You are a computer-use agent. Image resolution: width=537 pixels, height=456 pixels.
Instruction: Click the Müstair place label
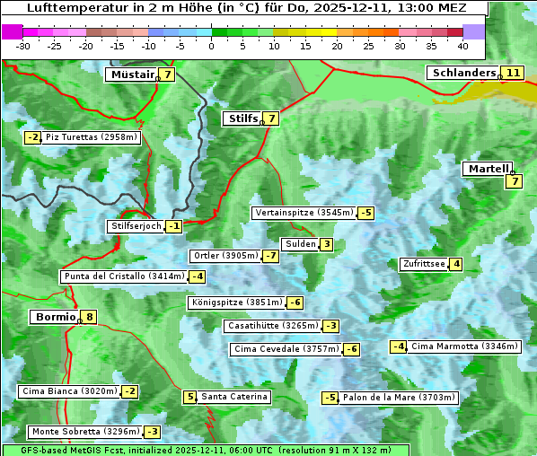click(131, 75)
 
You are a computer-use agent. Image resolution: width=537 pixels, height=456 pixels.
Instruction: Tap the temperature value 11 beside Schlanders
click(513, 73)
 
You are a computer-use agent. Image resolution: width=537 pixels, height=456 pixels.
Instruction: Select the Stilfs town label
click(242, 118)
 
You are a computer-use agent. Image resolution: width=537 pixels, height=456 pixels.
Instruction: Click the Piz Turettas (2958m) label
click(92, 137)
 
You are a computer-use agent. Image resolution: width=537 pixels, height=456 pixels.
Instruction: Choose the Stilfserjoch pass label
click(136, 226)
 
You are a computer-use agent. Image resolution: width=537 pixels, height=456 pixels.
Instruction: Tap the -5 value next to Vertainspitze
click(366, 213)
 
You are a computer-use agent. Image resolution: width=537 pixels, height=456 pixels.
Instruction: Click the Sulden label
click(300, 244)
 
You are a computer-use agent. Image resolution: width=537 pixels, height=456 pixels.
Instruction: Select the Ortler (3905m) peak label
click(225, 256)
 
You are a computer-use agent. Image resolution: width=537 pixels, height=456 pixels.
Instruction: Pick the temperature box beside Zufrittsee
click(456, 264)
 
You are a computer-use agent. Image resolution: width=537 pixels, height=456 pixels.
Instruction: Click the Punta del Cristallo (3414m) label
click(123, 276)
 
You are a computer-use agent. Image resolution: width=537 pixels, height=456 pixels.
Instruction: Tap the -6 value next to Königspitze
click(295, 303)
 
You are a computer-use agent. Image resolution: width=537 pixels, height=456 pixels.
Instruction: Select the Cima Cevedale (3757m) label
click(286, 349)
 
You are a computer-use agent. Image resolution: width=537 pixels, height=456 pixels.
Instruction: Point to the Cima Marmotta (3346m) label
click(464, 346)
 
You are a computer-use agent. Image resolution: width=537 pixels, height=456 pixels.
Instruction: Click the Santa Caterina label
click(233, 397)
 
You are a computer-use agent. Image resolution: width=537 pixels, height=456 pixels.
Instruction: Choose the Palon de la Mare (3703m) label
click(400, 398)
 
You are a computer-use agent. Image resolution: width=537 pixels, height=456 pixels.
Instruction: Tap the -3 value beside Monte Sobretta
click(153, 432)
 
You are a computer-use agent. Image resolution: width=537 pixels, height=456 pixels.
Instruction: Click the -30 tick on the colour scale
click(23, 45)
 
